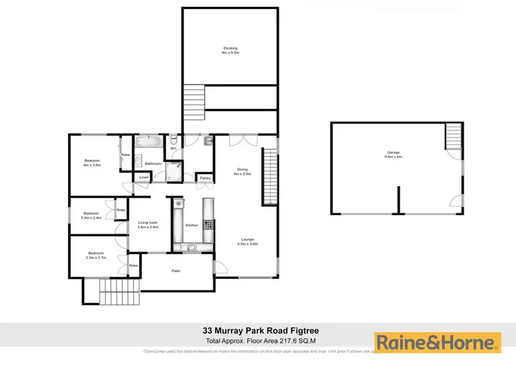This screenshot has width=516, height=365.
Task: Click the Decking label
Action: tap(230, 48)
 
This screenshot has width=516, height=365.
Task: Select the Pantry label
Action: tap(205, 178)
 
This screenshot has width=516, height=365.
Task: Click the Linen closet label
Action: tap(144, 178)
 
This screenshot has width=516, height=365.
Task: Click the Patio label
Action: tap(176, 271)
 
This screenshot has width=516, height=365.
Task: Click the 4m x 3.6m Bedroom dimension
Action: tap(92, 165)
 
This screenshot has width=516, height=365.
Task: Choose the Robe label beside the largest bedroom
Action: tap(125, 154)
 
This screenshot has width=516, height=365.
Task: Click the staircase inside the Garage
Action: tap(454, 136)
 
